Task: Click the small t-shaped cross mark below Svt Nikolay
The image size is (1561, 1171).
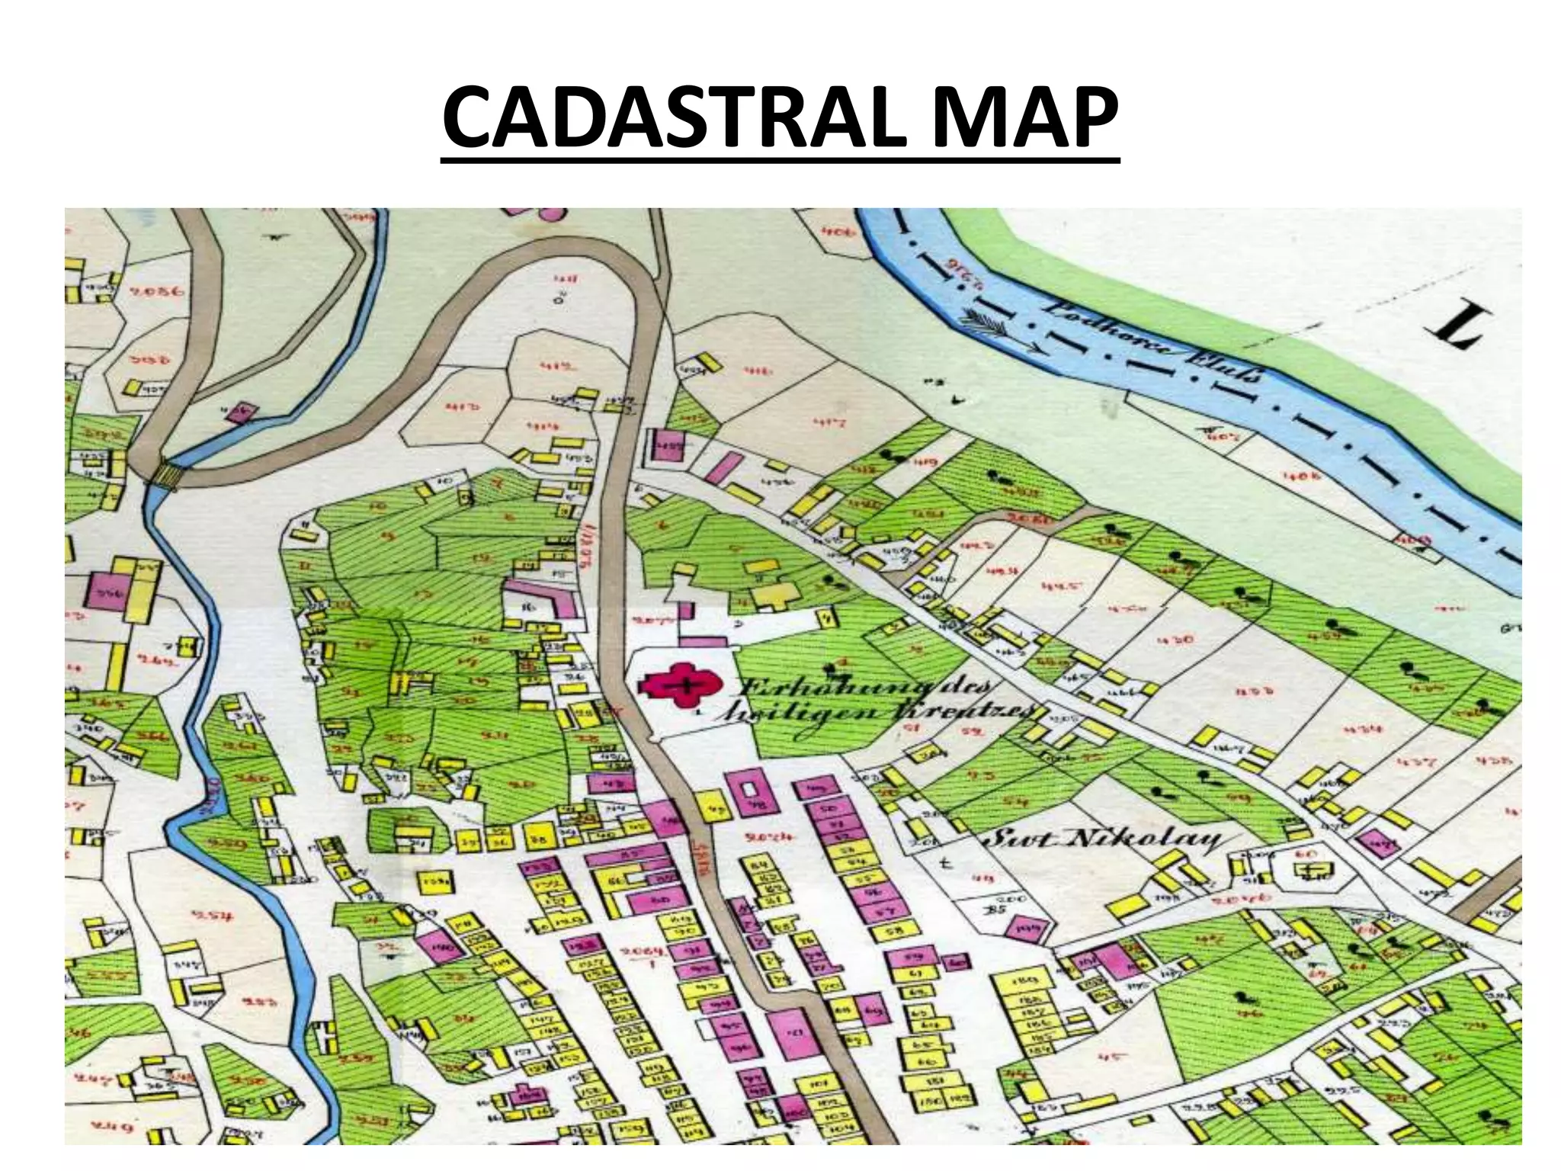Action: point(946,865)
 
